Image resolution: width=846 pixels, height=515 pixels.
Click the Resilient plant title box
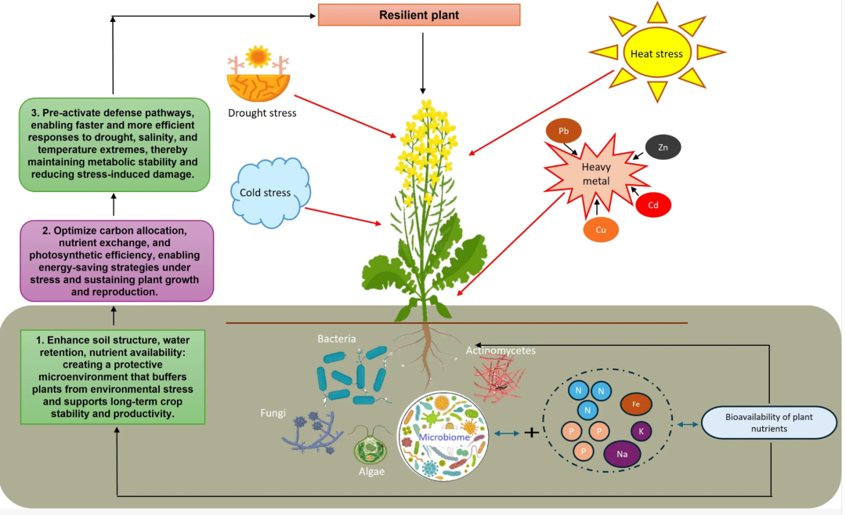coord(418,15)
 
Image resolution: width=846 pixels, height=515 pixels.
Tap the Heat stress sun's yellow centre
coord(656,53)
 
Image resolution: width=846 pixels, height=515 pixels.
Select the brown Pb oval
coord(563,131)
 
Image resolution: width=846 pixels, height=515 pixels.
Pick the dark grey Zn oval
coord(663,147)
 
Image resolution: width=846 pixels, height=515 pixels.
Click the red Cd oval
coord(653,205)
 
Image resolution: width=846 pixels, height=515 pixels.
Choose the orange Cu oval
coord(601,230)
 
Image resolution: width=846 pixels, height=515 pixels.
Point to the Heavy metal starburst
coord(596,174)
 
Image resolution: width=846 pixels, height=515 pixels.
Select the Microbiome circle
coord(443,436)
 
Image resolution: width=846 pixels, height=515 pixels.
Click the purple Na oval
coord(622,454)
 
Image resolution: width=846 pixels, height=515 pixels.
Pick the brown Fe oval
coord(636,404)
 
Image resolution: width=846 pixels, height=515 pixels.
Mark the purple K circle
coord(641,431)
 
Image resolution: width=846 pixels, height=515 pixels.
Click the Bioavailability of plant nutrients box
coord(769,423)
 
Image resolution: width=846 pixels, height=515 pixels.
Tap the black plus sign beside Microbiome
coord(531,432)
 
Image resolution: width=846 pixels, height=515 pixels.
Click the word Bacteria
coord(337,339)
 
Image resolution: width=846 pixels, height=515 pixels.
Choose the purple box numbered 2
coord(117,261)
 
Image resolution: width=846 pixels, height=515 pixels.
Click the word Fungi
coord(273,413)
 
